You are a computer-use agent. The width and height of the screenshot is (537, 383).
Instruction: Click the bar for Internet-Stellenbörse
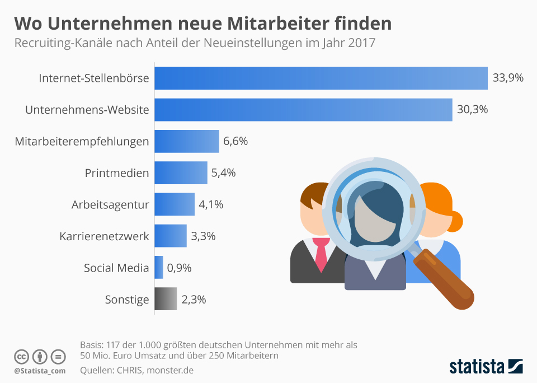tap(321, 78)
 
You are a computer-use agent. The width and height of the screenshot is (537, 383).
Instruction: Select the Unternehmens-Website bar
tap(303, 110)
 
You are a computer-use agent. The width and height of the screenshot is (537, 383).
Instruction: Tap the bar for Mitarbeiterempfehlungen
tap(186, 141)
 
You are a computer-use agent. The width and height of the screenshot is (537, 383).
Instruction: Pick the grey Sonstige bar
tap(166, 299)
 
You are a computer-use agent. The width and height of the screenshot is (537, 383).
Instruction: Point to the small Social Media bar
tap(159, 268)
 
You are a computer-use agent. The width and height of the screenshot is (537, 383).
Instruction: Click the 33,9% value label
tap(508, 78)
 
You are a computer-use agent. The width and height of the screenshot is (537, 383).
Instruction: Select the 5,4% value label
tap(223, 173)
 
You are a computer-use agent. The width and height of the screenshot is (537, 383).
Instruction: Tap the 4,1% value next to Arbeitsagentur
tap(211, 204)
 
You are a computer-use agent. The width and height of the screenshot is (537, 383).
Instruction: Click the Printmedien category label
tap(117, 173)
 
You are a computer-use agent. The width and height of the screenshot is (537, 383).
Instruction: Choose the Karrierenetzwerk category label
tap(104, 236)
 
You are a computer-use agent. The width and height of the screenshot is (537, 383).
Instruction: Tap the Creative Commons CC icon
tap(21, 356)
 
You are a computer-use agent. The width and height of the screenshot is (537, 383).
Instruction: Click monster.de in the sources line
tap(170, 370)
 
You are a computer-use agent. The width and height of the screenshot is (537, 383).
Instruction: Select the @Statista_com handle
tap(40, 371)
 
